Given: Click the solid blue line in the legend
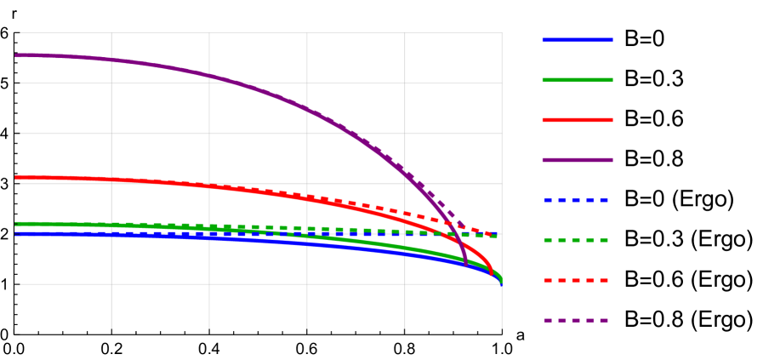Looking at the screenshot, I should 578,40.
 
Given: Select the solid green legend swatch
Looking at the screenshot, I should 578,80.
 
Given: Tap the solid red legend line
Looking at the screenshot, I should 578,120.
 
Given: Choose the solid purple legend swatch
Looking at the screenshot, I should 578,160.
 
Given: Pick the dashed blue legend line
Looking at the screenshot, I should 577,200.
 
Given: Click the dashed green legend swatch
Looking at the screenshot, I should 577,240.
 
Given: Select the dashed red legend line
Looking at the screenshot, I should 577,280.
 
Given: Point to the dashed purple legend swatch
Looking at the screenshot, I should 577,321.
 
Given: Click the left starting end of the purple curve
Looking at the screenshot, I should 16,55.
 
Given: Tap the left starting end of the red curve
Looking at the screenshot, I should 16,178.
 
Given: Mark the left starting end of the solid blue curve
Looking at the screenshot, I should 16,233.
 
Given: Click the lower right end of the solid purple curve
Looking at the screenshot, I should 466,266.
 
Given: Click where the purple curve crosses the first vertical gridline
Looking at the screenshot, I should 111,60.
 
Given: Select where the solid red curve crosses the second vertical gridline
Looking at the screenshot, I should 209,185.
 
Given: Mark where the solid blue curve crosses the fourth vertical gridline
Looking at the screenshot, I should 405,254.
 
